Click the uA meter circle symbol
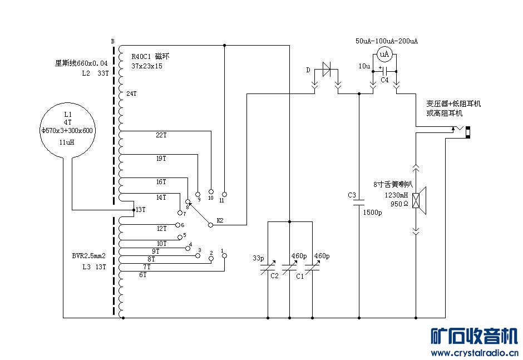tap(384, 54)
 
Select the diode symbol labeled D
tap(327, 70)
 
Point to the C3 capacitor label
tap(352, 195)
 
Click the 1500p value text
tap(372, 213)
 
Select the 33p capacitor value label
tap(258, 258)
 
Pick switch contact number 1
tap(224, 257)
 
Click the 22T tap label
tap(161, 135)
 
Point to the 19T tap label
tap(161, 159)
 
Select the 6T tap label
tap(143, 275)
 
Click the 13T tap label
tap(140, 210)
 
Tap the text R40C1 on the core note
tap(143, 56)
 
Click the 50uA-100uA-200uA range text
tap(386, 41)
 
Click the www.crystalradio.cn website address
tap(474, 353)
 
